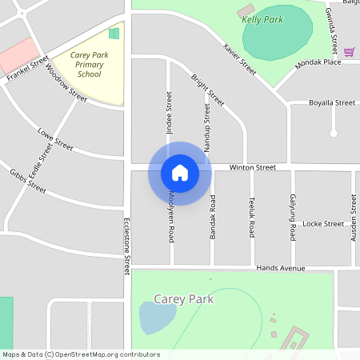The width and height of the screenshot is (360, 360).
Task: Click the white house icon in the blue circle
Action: click(x=180, y=173)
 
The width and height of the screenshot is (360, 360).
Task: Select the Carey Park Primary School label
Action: click(x=89, y=65)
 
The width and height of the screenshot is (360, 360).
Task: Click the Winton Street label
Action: click(x=252, y=167)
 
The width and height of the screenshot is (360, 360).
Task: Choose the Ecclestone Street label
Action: click(x=126, y=247)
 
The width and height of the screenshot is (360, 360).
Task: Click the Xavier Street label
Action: click(x=239, y=58)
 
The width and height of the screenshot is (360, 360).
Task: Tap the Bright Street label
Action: click(x=207, y=90)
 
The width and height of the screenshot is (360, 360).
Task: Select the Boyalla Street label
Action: click(x=332, y=102)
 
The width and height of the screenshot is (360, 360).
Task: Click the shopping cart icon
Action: click(x=350, y=51)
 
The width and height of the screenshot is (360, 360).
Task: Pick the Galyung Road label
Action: click(x=293, y=218)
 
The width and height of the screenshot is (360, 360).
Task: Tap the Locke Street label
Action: click(x=323, y=224)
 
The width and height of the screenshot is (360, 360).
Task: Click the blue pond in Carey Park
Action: click(x=157, y=318)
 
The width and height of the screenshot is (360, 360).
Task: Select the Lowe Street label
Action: click(x=56, y=139)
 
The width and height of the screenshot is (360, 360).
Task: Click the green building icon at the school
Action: click(x=114, y=34)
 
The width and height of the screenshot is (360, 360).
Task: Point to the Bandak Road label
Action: click(x=213, y=218)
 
